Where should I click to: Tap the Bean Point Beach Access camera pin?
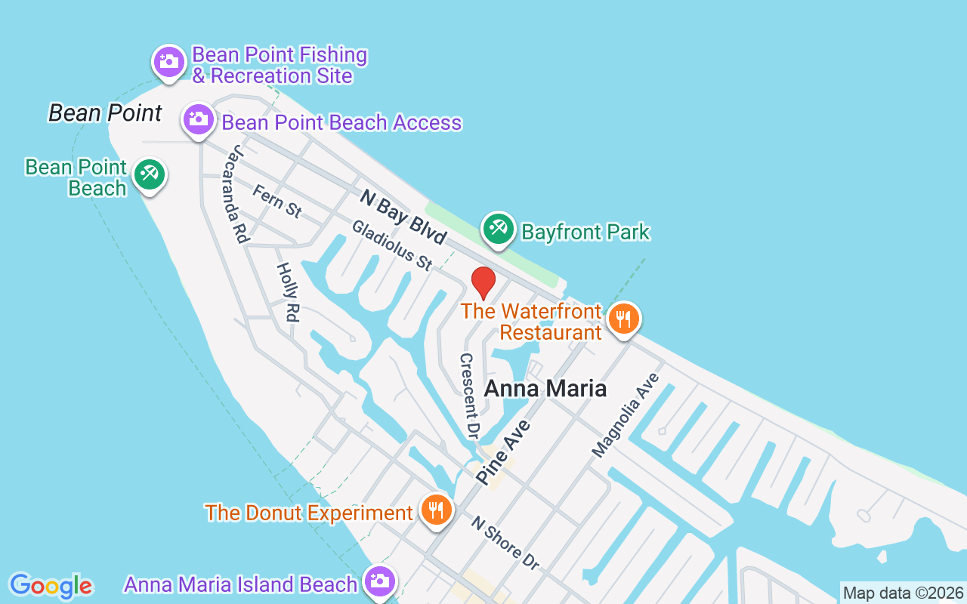click(199, 119)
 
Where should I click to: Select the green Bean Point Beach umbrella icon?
click(150, 175)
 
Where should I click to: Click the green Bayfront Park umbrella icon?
click(499, 228)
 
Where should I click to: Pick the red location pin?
click(483, 283)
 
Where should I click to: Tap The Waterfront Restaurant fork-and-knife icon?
click(623, 319)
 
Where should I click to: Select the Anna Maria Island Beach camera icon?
click(379, 581)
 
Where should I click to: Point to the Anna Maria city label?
click(545, 388)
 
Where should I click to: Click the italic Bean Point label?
click(105, 113)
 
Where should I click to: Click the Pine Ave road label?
click(504, 453)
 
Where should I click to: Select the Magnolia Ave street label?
click(626, 415)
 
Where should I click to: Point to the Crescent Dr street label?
click(470, 396)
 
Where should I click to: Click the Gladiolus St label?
click(392, 245)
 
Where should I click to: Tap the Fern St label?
click(277, 202)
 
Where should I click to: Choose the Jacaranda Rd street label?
click(236, 193)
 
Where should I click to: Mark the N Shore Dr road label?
click(505, 543)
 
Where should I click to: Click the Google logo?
click(51, 586)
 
